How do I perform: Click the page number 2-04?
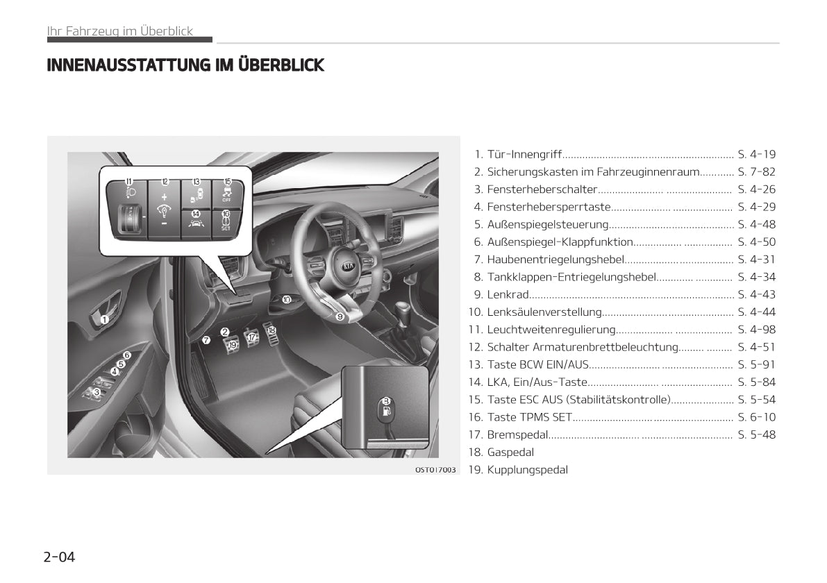pos(60,557)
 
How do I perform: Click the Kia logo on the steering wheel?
pos(349,267)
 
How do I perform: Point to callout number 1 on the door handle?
pos(104,319)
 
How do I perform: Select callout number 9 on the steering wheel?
pos(340,316)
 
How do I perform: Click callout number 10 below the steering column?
pos(286,299)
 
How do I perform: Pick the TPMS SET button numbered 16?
pos(226,223)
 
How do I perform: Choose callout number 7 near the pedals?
pos(207,340)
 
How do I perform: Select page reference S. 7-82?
pos(757,172)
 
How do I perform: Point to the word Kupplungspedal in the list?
pos(528,470)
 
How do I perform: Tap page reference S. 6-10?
pos(757,418)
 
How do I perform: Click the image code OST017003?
pos(435,469)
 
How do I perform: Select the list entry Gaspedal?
pos(510,453)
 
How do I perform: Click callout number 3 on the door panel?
pos(97,392)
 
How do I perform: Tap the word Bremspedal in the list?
pos(517,435)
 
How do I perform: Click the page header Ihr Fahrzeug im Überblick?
pos(120,31)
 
